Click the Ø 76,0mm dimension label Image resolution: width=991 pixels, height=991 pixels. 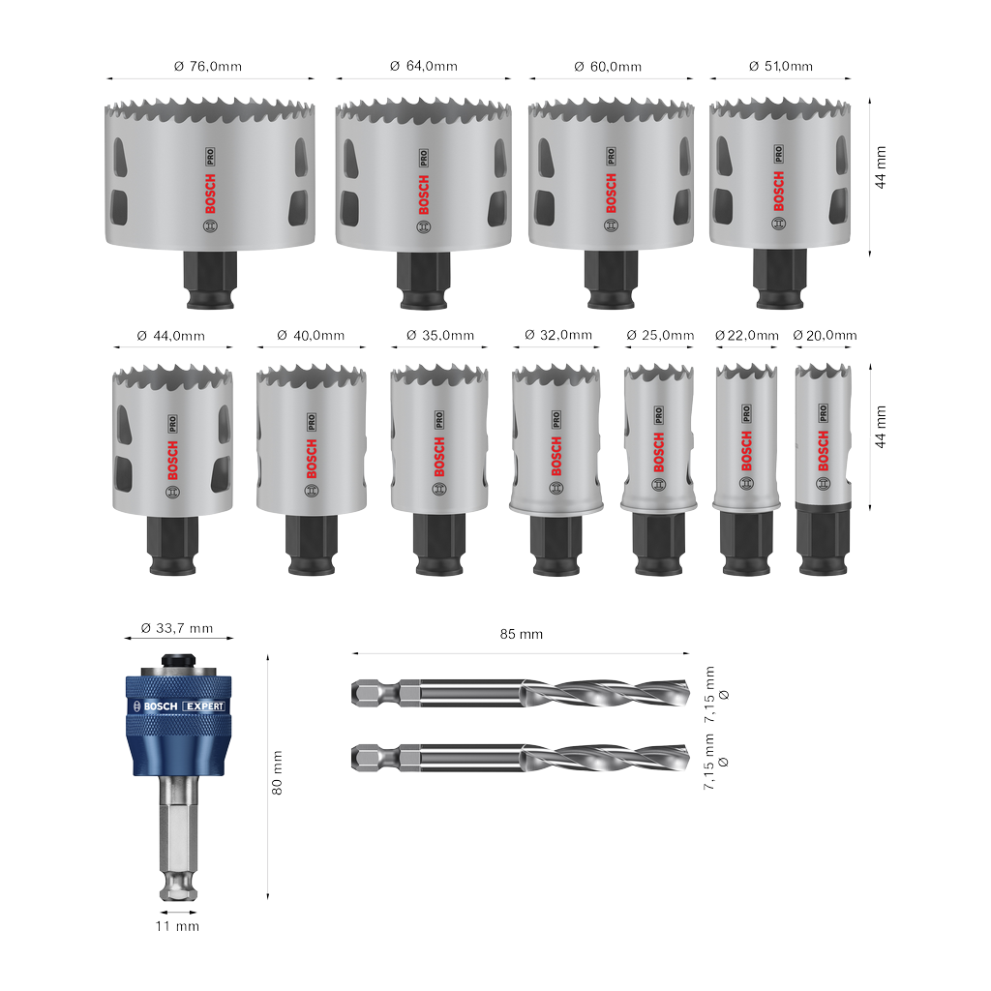point(208,67)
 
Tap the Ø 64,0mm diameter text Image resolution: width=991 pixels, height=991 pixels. point(424,66)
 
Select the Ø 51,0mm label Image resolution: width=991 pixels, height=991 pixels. point(781,66)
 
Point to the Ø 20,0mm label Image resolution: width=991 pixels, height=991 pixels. point(825,335)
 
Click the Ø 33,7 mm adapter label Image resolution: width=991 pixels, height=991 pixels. point(177,628)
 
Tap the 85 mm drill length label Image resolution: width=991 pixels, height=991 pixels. point(522,634)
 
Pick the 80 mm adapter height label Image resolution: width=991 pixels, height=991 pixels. point(277,773)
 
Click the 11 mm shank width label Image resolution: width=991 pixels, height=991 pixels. point(178,926)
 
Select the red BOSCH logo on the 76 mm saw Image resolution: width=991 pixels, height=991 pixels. point(210,194)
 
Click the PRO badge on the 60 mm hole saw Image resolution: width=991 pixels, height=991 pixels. point(612,156)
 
